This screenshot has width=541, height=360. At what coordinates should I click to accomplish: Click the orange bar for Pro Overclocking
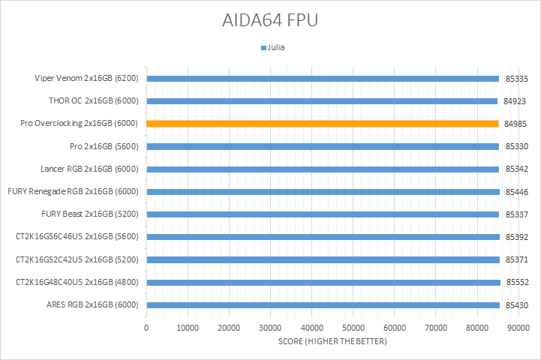[x=323, y=124]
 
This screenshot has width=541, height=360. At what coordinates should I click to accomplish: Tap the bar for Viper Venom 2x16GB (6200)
[x=323, y=78]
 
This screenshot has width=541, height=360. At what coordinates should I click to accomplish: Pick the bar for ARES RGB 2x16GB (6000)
[x=323, y=305]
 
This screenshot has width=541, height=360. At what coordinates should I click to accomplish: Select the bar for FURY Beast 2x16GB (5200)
[x=323, y=214]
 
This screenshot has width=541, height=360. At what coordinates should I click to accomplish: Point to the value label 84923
[x=515, y=101]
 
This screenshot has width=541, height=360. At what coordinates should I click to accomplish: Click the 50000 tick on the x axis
[x=353, y=328]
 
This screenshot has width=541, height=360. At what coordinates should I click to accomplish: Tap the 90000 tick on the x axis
[x=518, y=328]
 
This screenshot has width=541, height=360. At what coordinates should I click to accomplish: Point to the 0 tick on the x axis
[x=146, y=328]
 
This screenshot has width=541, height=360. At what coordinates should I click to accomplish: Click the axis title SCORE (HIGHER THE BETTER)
[x=332, y=341]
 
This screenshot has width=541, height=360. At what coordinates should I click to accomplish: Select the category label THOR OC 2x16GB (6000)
[x=93, y=100]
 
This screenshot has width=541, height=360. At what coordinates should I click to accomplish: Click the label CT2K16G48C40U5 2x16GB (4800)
[x=78, y=283]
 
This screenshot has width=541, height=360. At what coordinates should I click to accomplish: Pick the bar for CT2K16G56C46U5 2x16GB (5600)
[x=323, y=237]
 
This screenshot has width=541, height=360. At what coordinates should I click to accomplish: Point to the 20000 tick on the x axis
[x=229, y=328]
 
